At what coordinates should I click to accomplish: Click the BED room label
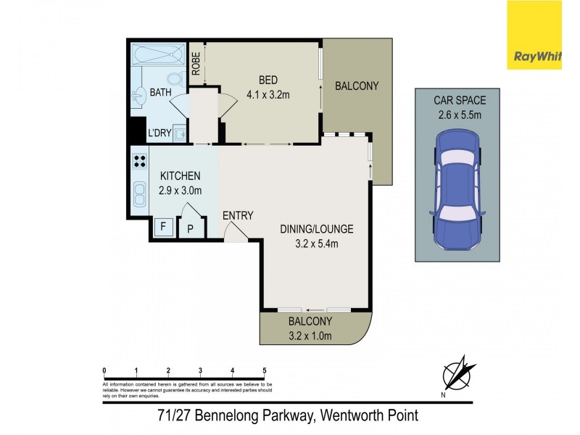tap(269, 80)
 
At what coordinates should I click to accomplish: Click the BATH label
tap(159, 93)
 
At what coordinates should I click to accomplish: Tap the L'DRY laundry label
tap(159, 133)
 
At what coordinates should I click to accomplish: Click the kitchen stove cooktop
tap(139, 162)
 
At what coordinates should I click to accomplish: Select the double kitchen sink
tap(138, 194)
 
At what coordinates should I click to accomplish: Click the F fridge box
tap(163, 227)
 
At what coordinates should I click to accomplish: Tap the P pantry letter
tap(190, 228)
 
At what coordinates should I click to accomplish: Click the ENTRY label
tap(238, 215)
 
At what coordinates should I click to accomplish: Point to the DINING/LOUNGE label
tap(316, 229)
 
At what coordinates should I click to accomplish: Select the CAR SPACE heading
tap(460, 100)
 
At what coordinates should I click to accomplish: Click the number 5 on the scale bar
tap(265, 370)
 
